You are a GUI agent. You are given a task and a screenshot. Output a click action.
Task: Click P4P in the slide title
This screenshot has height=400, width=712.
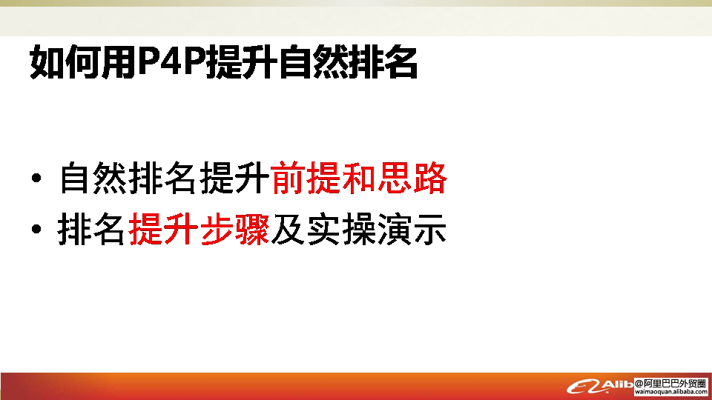[171, 61]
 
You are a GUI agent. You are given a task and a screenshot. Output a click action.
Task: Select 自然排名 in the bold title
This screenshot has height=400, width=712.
[347, 61]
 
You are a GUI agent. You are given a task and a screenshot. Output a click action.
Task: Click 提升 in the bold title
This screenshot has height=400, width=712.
[241, 61]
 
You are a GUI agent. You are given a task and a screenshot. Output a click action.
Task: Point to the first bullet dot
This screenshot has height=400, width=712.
[36, 178]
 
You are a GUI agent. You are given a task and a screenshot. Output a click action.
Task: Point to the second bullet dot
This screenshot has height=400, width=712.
[36, 230]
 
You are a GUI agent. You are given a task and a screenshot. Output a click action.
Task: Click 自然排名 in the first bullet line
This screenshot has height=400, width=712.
[128, 178]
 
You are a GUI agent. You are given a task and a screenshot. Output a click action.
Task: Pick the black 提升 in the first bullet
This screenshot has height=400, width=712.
[234, 178]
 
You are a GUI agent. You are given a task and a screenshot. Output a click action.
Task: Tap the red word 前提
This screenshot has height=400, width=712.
[306, 178]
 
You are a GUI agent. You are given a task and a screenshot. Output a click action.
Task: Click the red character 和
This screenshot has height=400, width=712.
[359, 178]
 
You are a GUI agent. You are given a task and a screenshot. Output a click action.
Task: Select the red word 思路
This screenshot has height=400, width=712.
[412, 178]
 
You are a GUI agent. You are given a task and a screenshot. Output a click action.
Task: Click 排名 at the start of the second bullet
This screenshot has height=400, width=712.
[91, 230]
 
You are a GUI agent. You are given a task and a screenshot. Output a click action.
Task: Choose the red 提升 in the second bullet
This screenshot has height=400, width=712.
[163, 230]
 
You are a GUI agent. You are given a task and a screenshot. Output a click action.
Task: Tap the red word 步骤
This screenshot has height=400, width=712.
[234, 230]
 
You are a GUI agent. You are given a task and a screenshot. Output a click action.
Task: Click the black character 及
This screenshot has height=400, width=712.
[288, 230]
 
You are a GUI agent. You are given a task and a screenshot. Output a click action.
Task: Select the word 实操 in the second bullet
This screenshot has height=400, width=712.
[341, 230]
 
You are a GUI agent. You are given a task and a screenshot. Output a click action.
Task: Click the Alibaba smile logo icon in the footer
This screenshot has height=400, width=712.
[584, 387]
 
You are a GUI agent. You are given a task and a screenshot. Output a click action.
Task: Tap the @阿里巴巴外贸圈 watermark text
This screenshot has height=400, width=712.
[670, 383]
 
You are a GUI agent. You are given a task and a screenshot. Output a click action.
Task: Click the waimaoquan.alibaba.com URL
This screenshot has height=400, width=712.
[670, 392]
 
